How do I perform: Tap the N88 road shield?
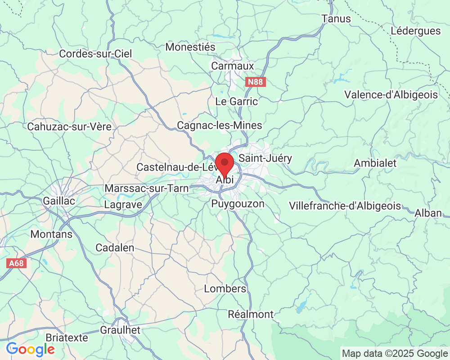[x=256, y=82]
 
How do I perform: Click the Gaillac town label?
[x=59, y=201]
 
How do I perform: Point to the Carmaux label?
[x=233, y=66]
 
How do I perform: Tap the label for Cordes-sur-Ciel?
[x=96, y=54]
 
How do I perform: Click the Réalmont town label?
[x=251, y=314]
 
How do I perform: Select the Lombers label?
[x=225, y=288]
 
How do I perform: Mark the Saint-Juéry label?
[x=265, y=158]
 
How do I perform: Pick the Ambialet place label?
[x=375, y=163]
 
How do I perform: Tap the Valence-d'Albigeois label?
[x=391, y=94]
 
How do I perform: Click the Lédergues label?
[x=416, y=31]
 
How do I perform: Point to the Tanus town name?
[x=336, y=19]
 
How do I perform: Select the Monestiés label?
[x=191, y=47]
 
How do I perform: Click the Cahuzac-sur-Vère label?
[x=69, y=126]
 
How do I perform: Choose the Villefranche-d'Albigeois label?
[x=345, y=206]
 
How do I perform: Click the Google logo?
[x=30, y=349]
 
